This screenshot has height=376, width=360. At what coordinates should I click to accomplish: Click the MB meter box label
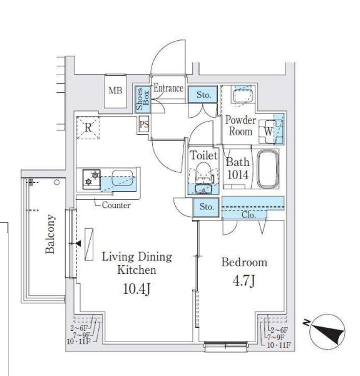pyautogui.click(x=115, y=91)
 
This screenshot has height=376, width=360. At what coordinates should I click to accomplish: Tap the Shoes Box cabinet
pyautogui.click(x=143, y=99)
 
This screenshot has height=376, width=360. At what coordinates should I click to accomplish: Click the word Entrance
pyautogui.click(x=168, y=88)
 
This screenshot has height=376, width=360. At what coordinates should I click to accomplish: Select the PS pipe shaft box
pyautogui.click(x=144, y=124)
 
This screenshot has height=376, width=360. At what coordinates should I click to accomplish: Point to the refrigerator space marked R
pyautogui.click(x=88, y=128)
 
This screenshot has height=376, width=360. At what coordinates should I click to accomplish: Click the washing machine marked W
pyautogui.click(x=268, y=132)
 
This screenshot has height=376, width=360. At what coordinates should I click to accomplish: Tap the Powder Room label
pyautogui.click(x=240, y=126)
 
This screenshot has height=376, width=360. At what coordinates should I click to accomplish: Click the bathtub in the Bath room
pyautogui.click(x=268, y=169)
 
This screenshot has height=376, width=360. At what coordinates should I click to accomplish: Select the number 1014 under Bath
pyautogui.click(x=238, y=175)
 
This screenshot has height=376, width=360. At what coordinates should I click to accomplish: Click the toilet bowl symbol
pyautogui.click(x=203, y=172)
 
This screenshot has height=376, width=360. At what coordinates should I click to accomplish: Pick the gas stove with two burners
pyautogui.click(x=91, y=179)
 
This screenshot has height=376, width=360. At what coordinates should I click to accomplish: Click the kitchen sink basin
pyautogui.click(x=122, y=178)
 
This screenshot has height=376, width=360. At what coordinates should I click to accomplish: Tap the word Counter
pyautogui.click(x=116, y=205)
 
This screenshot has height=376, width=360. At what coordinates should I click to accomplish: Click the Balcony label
pyautogui.click(x=50, y=234)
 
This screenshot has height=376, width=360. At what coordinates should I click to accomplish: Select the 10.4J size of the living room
pyautogui.click(x=136, y=289)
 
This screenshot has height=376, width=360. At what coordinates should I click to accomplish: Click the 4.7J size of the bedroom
pyautogui.click(x=244, y=281)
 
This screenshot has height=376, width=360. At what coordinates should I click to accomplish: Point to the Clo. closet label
pyautogui.click(x=249, y=215)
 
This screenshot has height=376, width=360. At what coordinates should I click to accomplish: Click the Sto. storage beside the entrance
pyautogui.click(x=203, y=95)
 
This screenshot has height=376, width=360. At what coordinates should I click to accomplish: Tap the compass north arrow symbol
pyautogui.click(x=327, y=332)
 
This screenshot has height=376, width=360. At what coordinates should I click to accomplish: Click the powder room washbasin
pyautogui.click(x=244, y=95)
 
